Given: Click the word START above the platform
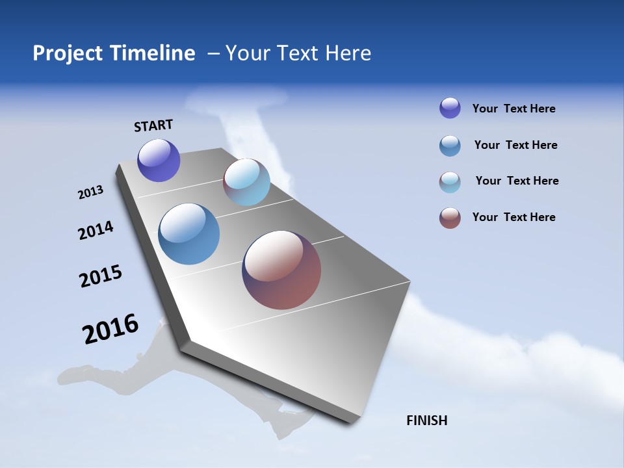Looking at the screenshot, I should point(153,125).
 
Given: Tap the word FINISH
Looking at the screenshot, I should point(426,421).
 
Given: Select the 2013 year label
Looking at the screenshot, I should point(90,192).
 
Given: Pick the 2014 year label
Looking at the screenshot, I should point(96,230).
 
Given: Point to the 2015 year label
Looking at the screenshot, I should point(101,276).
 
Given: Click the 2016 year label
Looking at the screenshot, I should point(110,329).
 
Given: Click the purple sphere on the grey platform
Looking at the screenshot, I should point(159,161).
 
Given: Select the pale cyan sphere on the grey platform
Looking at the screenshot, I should point(246,182).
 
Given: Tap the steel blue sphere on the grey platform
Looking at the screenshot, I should point(189,234).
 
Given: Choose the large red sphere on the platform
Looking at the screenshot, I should point(281,270).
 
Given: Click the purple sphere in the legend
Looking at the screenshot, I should point(450,108).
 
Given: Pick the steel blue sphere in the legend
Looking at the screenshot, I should point(450,146).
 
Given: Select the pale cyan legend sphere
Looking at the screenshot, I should point(450,182).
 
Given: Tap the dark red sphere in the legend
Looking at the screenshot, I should point(450,218).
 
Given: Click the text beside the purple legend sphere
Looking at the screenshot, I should point(513,109).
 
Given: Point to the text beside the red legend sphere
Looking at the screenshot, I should point(513,217).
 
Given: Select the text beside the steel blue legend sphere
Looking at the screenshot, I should point(515,145).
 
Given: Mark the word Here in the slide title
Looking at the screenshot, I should point(348,53).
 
